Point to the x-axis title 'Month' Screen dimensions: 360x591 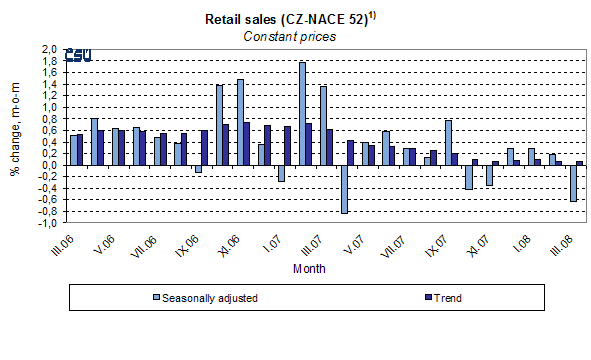click(x=309, y=268)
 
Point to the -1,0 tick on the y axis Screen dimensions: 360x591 click(x=47, y=223)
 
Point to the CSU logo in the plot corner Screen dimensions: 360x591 click(x=78, y=56)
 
